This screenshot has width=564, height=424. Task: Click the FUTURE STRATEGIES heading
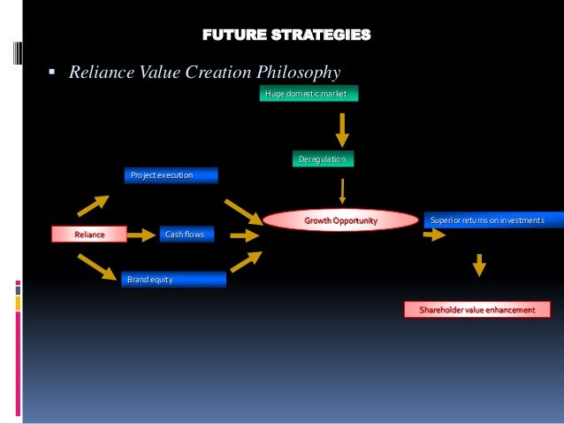[x=286, y=35]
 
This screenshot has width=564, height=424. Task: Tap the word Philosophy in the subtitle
[x=295, y=73]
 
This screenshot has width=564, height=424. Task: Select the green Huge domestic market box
[x=309, y=94]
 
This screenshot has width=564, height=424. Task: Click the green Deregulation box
[x=322, y=159]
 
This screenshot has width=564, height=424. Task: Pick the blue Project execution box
[x=170, y=175]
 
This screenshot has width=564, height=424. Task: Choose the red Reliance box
[x=89, y=235]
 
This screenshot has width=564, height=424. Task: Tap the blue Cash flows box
[x=185, y=235]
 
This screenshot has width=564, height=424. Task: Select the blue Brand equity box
[x=173, y=279]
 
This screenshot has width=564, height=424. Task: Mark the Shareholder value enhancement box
[x=476, y=309]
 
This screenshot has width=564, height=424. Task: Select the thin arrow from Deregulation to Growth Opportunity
[x=342, y=190]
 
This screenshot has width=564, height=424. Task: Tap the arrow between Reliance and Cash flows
[x=140, y=235]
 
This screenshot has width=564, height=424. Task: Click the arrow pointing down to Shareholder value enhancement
[x=479, y=265]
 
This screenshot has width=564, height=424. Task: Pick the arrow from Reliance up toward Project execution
[x=93, y=205]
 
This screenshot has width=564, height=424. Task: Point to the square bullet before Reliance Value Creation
[x=53, y=73]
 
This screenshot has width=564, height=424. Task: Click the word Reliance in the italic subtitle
[x=101, y=73]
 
